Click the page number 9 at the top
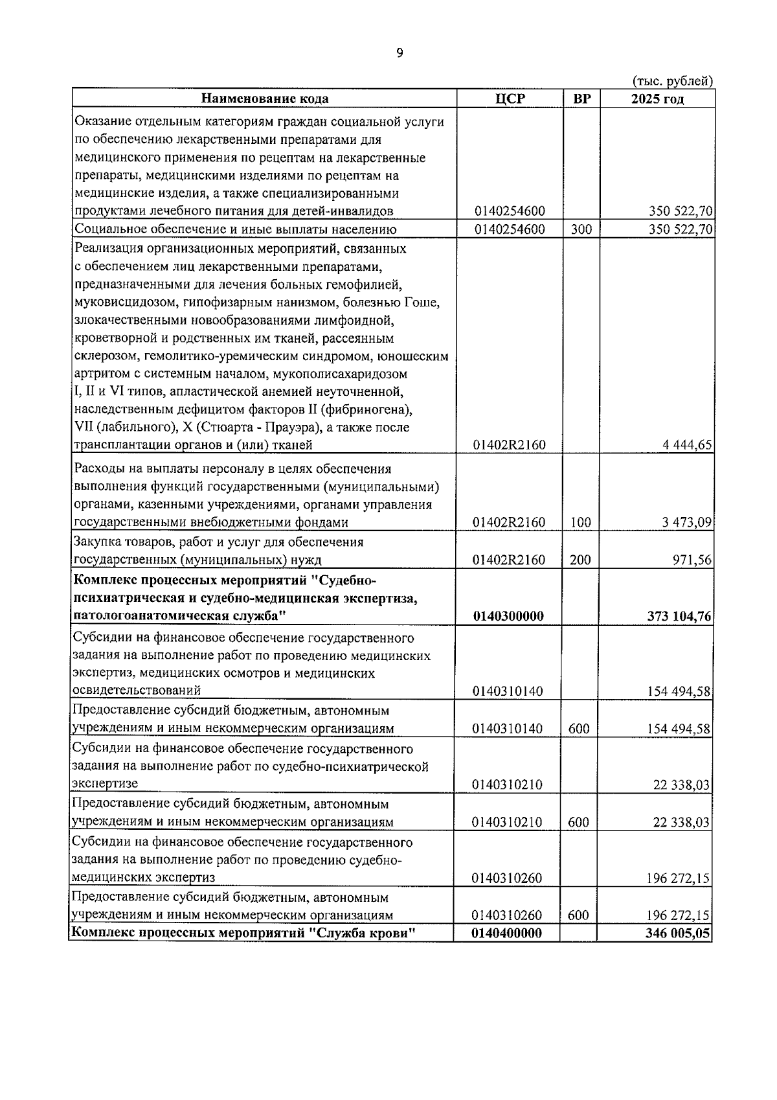(400, 53)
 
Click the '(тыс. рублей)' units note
(672, 81)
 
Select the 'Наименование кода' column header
(265, 99)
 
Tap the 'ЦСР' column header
(510, 99)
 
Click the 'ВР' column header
(581, 99)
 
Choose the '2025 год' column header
(657, 99)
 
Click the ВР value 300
(581, 229)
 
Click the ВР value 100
(580, 523)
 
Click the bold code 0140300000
(508, 616)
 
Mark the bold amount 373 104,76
(679, 616)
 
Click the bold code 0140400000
(507, 934)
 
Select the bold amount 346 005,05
(677, 934)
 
